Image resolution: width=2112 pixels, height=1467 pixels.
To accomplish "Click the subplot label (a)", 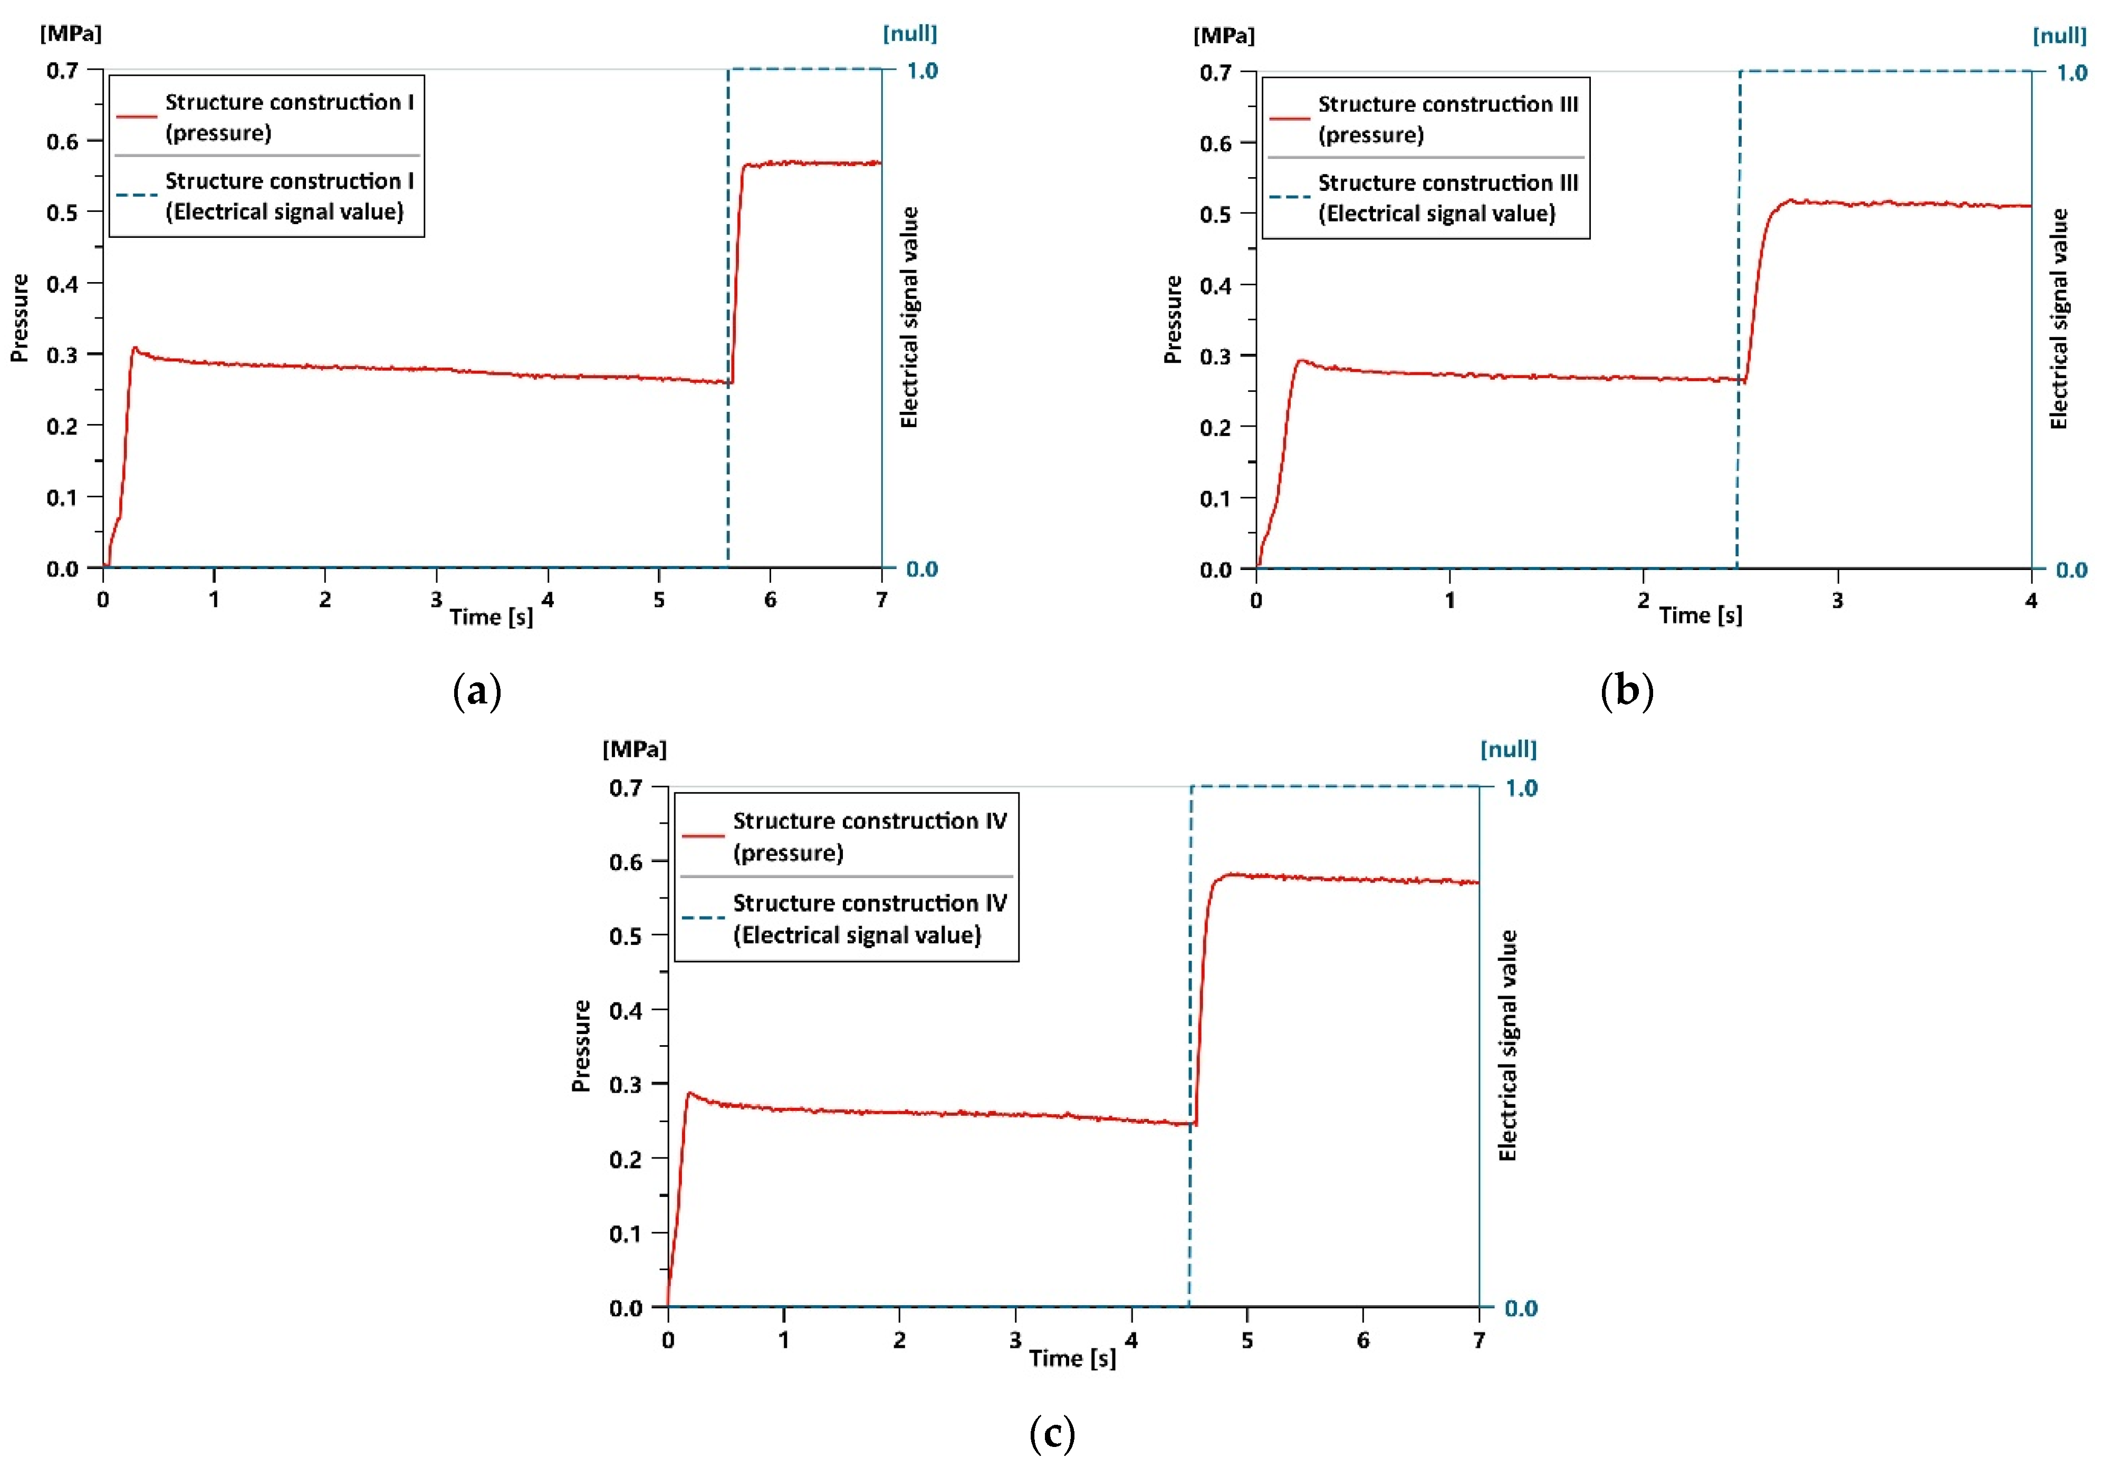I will pos(477,690).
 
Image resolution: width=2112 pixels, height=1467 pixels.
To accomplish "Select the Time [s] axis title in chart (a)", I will pos(491,617).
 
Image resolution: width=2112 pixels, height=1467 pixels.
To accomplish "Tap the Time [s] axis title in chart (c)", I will pos(1072,1358).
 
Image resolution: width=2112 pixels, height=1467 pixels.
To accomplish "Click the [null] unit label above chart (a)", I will pos(909,34).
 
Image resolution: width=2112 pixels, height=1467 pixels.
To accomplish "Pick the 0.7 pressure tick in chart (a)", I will pos(63,71).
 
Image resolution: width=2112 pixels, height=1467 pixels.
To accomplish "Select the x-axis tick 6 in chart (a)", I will pos(771,600).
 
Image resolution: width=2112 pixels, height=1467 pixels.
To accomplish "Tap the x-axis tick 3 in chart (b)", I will pos(1837,601).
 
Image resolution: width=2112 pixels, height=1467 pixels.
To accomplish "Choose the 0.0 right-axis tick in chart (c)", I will pos(1521,1308).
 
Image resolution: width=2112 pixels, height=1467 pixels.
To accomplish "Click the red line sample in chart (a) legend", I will pos(136,117).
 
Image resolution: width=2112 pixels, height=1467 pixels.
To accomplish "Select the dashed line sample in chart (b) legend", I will pos(1289,197).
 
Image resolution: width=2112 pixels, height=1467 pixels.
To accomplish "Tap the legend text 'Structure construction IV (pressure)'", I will pos(869,836).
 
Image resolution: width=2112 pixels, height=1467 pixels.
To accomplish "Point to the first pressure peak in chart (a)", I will pos(134,349).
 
